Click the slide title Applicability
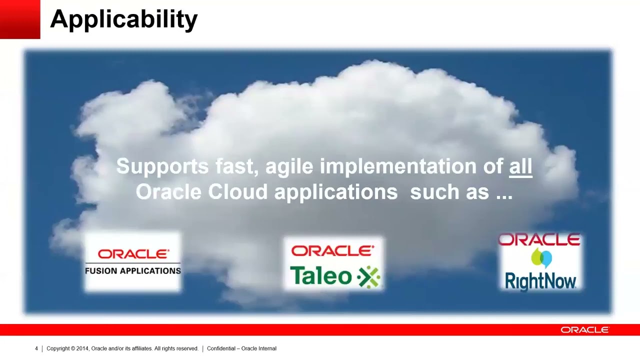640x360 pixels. pyautogui.click(x=123, y=19)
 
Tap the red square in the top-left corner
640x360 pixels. pyautogui.click(x=19, y=19)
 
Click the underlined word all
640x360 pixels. pyautogui.click(x=520, y=166)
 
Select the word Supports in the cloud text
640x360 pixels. pyautogui.click(x=162, y=166)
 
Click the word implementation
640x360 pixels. pyautogui.click(x=398, y=166)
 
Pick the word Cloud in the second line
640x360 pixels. pyautogui.click(x=237, y=192)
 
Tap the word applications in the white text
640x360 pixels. pyautogui.click(x=335, y=192)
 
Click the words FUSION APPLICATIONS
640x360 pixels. pyautogui.click(x=133, y=271)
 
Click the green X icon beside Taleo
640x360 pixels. pyautogui.click(x=368, y=276)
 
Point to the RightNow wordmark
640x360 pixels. pyautogui.click(x=540, y=281)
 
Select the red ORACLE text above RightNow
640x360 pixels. pyautogui.click(x=539, y=240)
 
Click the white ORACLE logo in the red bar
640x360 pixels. pyautogui.click(x=584, y=330)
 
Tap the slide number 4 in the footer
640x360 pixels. pyautogui.click(x=36, y=348)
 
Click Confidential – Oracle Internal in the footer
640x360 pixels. pyautogui.click(x=241, y=348)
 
